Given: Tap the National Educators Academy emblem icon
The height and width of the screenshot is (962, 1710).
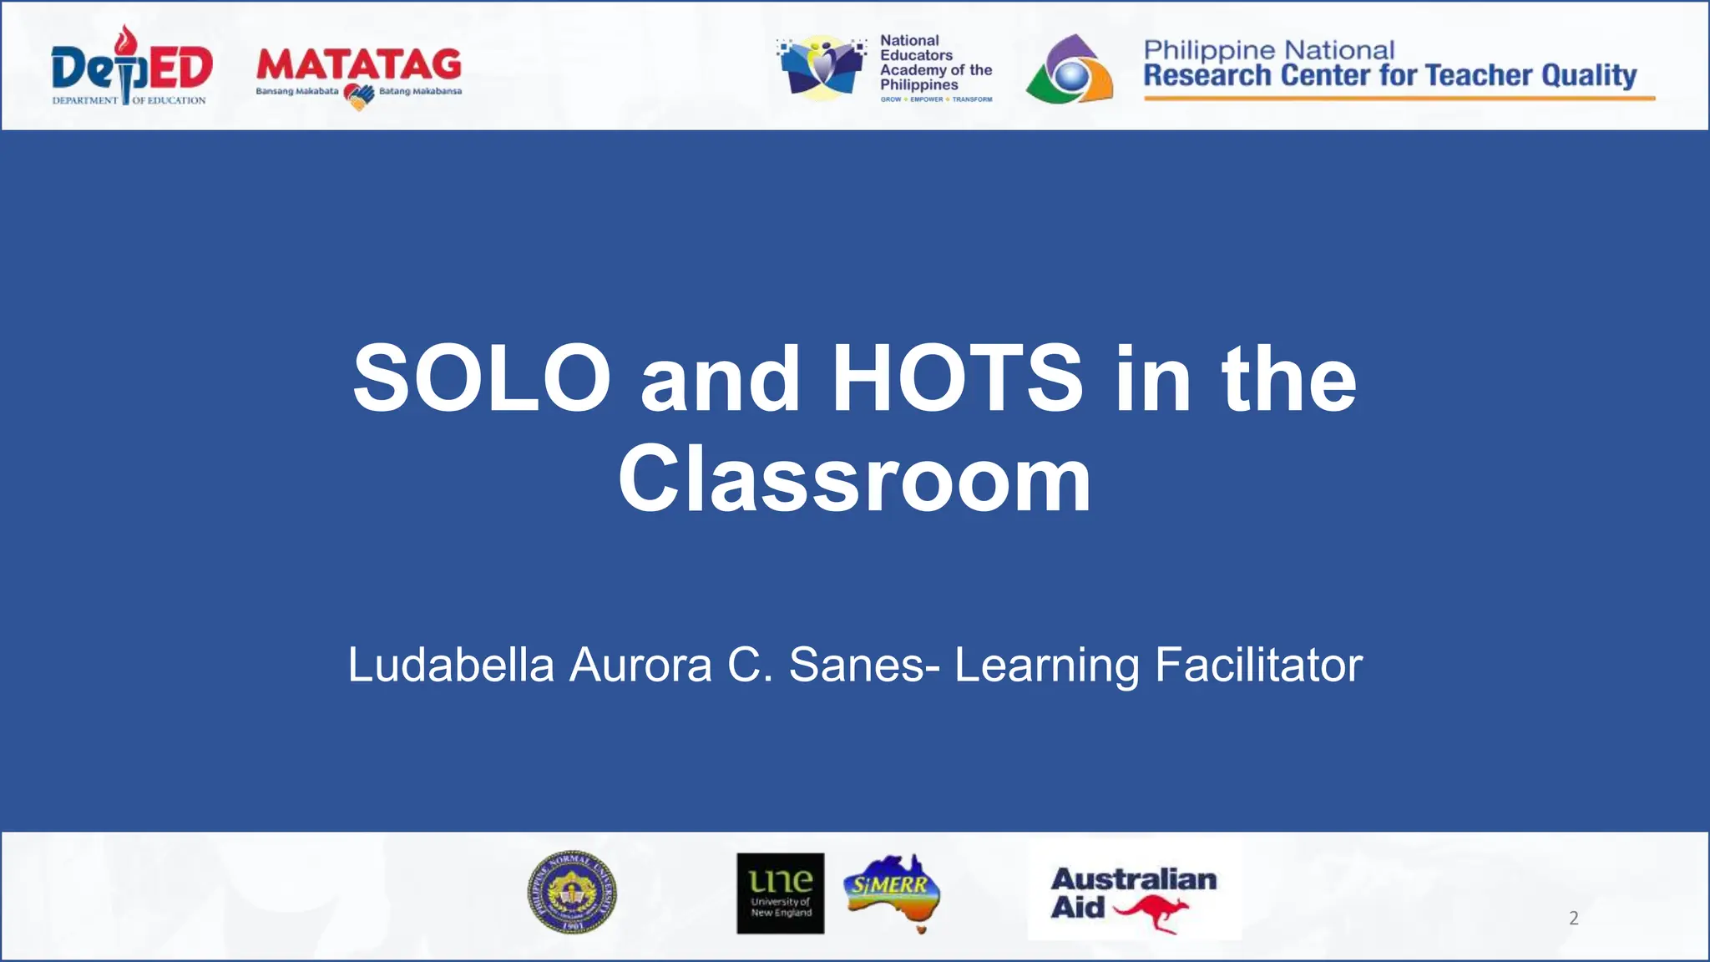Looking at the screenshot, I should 820,68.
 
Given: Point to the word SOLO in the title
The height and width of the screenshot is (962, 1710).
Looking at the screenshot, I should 482,379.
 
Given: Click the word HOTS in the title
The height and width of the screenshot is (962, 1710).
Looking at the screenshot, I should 957,379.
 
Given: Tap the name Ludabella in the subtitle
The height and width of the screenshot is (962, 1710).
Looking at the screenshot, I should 451,666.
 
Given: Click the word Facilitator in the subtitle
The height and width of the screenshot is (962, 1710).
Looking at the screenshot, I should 1258,666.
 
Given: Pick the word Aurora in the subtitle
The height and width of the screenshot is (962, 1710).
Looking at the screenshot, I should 640,666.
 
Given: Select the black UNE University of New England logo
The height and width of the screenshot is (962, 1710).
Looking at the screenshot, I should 780,893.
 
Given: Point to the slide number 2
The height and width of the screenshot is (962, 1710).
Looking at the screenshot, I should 1574,919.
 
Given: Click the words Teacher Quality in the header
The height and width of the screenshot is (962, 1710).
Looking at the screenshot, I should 1531,76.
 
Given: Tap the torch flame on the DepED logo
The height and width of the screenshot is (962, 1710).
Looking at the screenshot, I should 126,39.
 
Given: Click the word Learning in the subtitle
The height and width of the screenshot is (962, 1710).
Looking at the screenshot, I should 1046,666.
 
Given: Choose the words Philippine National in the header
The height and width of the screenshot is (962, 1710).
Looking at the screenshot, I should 1268,50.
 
